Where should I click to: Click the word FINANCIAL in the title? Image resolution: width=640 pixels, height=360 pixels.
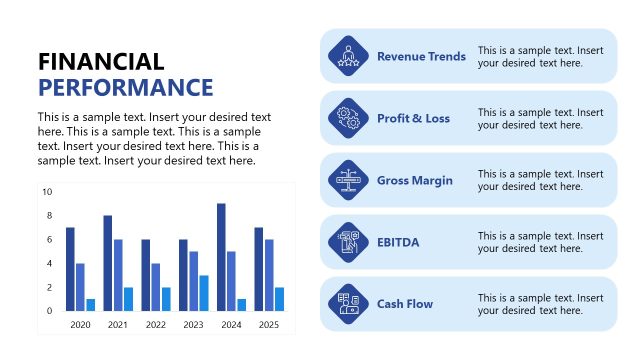(x=101, y=62)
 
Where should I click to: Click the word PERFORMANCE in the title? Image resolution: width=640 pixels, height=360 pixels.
(x=126, y=87)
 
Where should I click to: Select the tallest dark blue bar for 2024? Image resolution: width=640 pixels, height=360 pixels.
(x=221, y=257)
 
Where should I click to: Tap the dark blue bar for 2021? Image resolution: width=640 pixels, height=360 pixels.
(x=108, y=263)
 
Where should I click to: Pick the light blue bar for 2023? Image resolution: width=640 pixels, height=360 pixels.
(x=203, y=293)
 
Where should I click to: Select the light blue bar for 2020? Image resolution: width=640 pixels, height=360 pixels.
(x=90, y=305)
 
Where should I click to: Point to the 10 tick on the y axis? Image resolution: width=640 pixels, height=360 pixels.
(x=47, y=191)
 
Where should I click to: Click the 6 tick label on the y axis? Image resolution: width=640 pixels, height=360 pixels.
(x=48, y=239)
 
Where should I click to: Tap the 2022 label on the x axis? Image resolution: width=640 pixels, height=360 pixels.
(x=154, y=325)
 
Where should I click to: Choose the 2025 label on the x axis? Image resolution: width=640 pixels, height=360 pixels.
(x=268, y=325)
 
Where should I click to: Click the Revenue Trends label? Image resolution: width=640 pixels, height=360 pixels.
(x=421, y=56)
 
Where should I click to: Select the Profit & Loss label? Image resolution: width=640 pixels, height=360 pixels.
(x=413, y=118)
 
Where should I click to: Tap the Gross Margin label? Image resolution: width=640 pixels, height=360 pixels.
(x=415, y=181)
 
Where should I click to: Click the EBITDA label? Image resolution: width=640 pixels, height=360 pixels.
(x=399, y=242)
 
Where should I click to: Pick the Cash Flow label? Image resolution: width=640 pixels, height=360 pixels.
(x=405, y=304)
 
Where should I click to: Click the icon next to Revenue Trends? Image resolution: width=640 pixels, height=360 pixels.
(x=349, y=56)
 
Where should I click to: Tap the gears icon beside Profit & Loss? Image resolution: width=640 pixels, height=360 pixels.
(x=349, y=118)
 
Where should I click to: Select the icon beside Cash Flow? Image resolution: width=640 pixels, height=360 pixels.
(x=349, y=304)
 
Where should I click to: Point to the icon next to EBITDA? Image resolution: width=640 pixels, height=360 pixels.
(x=349, y=242)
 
